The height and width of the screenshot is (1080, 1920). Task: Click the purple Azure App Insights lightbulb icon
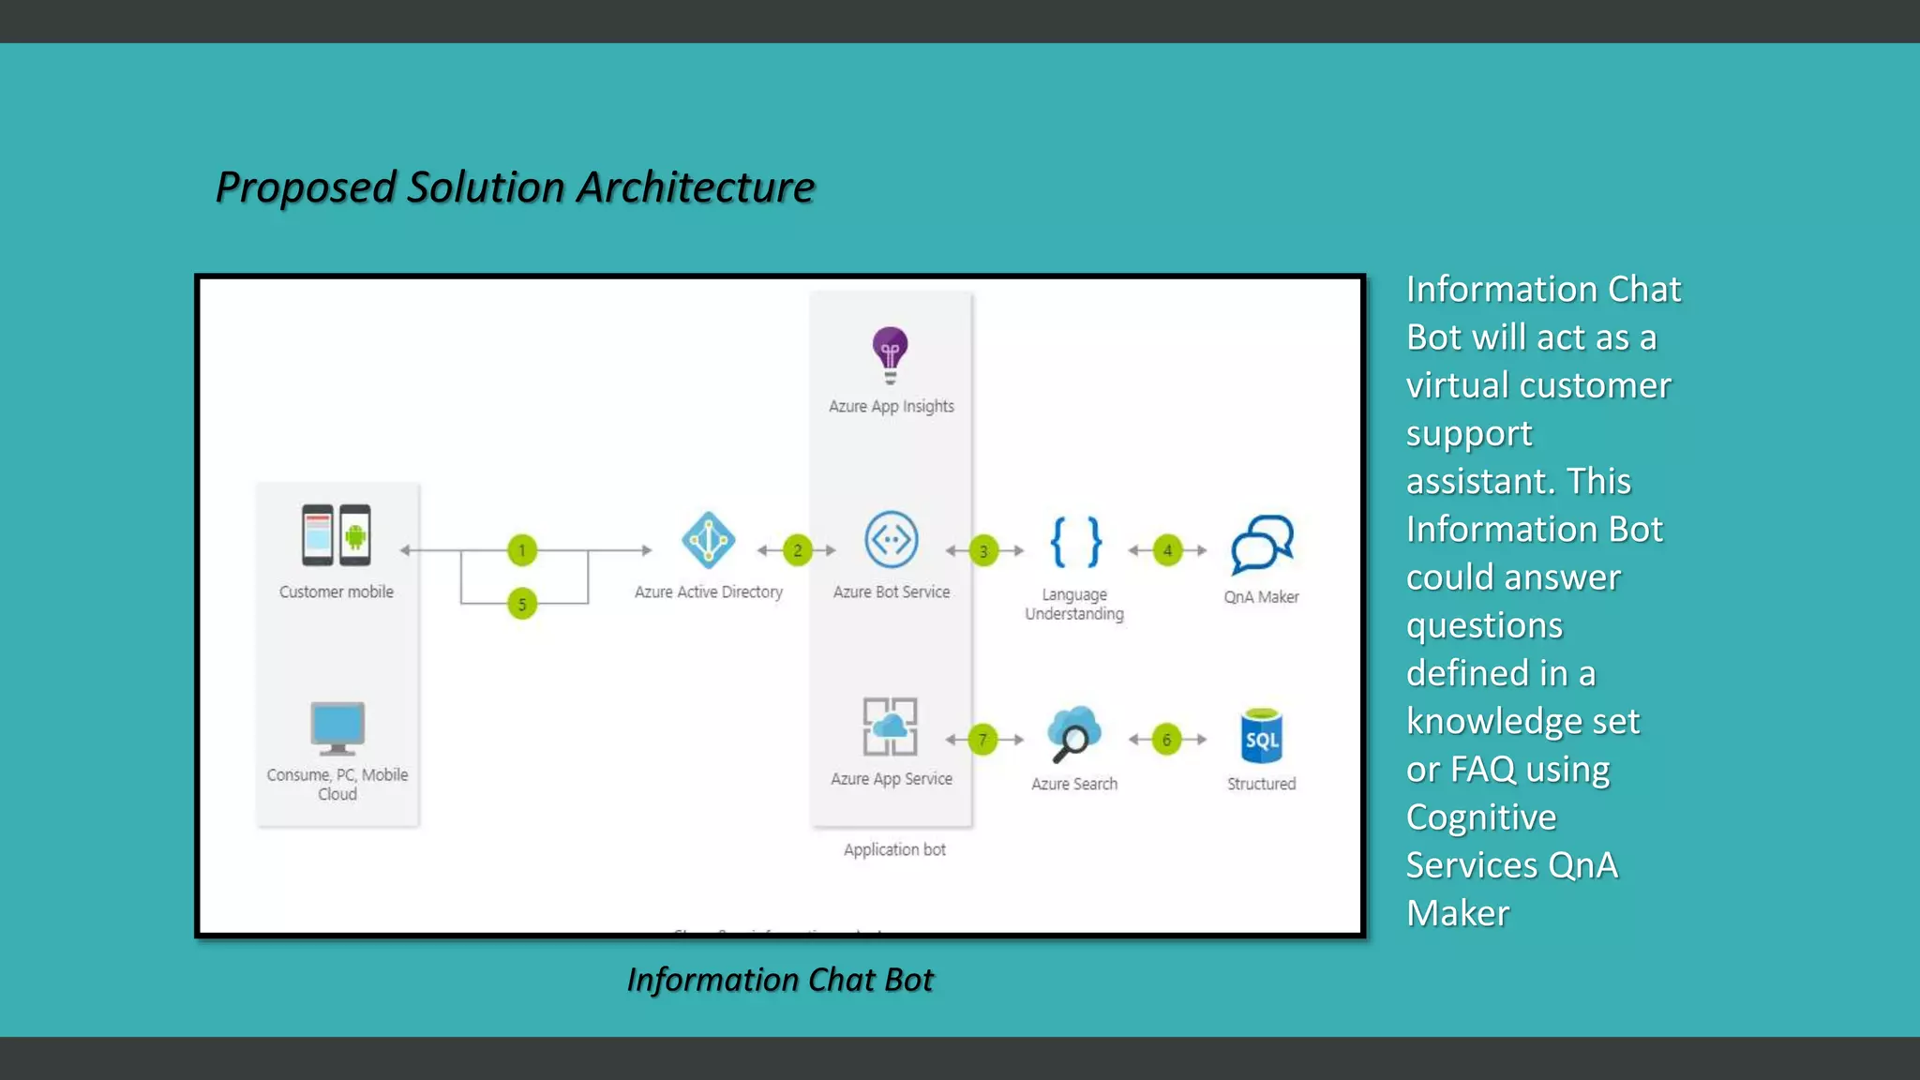(890, 354)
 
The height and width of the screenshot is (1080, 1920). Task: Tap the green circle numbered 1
(522, 550)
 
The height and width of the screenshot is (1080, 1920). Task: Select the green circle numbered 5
(522, 604)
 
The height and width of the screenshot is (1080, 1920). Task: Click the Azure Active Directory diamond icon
(708, 540)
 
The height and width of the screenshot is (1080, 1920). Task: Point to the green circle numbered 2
(798, 550)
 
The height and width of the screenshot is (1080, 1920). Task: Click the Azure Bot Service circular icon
(891, 540)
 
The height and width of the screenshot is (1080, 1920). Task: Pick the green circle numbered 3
(983, 551)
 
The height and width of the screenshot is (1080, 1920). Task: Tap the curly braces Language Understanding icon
(1075, 542)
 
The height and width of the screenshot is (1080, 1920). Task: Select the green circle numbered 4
(1167, 550)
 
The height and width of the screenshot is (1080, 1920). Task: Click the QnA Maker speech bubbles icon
(1262, 544)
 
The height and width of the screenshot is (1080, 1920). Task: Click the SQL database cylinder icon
(1262, 737)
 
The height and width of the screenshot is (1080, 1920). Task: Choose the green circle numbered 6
(1166, 740)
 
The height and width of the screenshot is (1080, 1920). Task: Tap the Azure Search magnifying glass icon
(1073, 734)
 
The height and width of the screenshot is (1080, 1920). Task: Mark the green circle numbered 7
(982, 740)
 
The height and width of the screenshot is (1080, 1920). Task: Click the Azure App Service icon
(890, 727)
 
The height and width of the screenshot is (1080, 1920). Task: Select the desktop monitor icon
(337, 727)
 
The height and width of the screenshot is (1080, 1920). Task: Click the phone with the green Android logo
(355, 535)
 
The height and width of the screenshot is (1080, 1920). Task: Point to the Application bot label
(894, 849)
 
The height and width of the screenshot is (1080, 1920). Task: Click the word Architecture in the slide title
(696, 187)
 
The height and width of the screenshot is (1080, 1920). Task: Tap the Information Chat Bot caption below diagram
(780, 980)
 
